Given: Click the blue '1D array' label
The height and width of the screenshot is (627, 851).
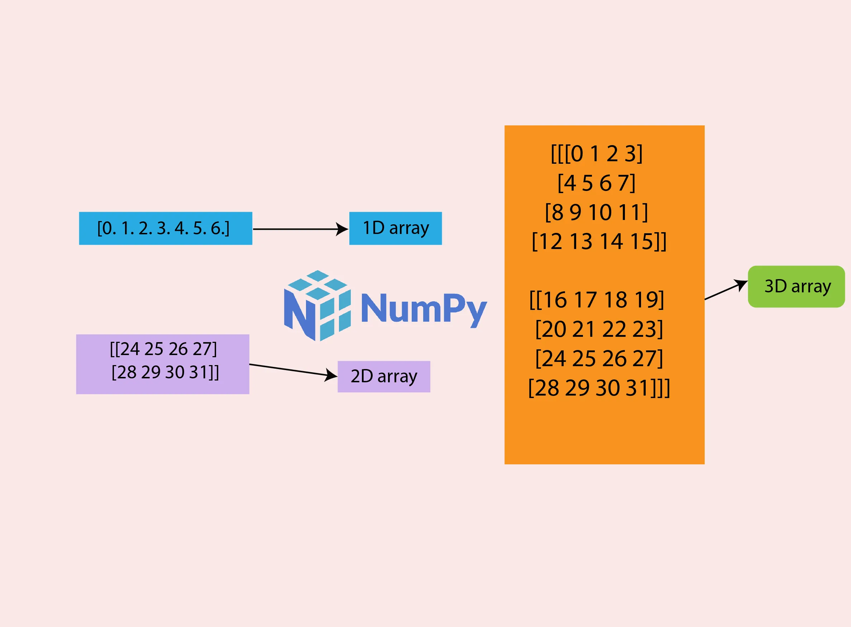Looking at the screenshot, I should point(395,228).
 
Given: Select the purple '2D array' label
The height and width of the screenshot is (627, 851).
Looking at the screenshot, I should point(384,376).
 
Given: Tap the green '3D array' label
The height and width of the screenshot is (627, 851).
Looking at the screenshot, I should point(796,286).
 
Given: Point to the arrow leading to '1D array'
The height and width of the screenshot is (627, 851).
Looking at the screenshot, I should point(300,229).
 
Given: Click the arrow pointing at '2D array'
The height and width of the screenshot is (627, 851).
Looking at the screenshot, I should point(292,370).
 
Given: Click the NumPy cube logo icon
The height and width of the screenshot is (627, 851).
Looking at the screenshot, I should point(317,306).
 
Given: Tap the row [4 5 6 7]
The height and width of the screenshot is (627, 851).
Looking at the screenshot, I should point(596,183).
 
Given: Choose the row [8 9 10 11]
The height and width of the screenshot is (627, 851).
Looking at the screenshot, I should point(596,212).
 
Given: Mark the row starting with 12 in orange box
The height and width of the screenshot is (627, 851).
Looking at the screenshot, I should point(599,241).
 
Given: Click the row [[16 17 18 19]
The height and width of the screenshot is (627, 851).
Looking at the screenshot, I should point(597,300).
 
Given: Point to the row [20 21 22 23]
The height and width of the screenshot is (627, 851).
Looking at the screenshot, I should point(599,329).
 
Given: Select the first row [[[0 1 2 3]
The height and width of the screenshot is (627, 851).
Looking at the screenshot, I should point(597,154).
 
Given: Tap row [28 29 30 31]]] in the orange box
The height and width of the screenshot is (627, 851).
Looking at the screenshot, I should point(599,388).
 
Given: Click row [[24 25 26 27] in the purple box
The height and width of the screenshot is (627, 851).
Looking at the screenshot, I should point(163,349).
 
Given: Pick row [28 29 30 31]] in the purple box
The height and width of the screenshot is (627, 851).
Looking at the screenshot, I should point(165,372).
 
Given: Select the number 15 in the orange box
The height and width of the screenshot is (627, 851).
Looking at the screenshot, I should point(641,241).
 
